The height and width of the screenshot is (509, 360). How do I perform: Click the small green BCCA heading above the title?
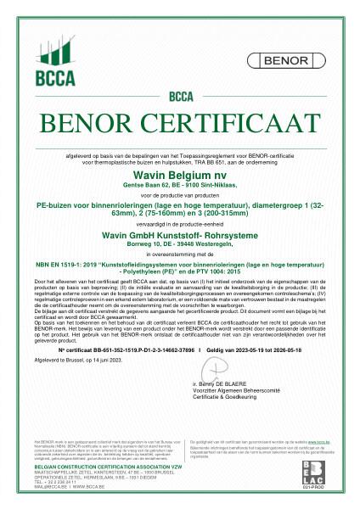[x=180, y=96]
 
